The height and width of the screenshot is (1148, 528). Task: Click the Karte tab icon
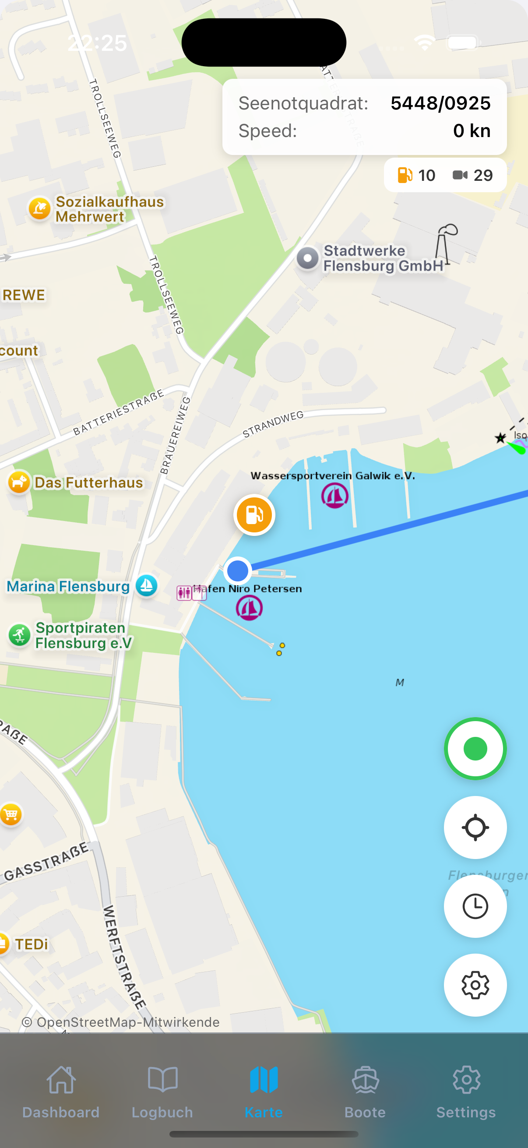click(x=264, y=1080)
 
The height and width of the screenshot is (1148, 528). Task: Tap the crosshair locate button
click(x=475, y=828)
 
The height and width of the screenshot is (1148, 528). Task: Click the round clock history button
click(x=475, y=906)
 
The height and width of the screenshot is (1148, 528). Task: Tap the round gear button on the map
click(x=475, y=985)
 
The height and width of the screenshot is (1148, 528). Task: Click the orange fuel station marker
click(x=254, y=515)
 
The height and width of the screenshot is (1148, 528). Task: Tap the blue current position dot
click(x=237, y=571)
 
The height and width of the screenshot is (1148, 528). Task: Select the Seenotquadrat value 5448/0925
click(x=440, y=103)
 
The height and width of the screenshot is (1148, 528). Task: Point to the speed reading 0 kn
click(x=472, y=131)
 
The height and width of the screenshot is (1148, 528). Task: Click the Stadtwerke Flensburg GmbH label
click(x=383, y=258)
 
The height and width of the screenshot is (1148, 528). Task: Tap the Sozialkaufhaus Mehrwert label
click(x=109, y=209)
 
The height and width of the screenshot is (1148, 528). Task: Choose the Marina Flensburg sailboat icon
click(x=147, y=585)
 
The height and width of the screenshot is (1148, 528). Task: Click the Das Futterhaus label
click(x=89, y=482)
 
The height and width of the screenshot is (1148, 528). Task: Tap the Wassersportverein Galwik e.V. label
click(x=332, y=476)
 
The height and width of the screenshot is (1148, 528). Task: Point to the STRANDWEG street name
click(x=273, y=424)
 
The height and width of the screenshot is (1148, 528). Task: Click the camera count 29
click(x=482, y=175)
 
